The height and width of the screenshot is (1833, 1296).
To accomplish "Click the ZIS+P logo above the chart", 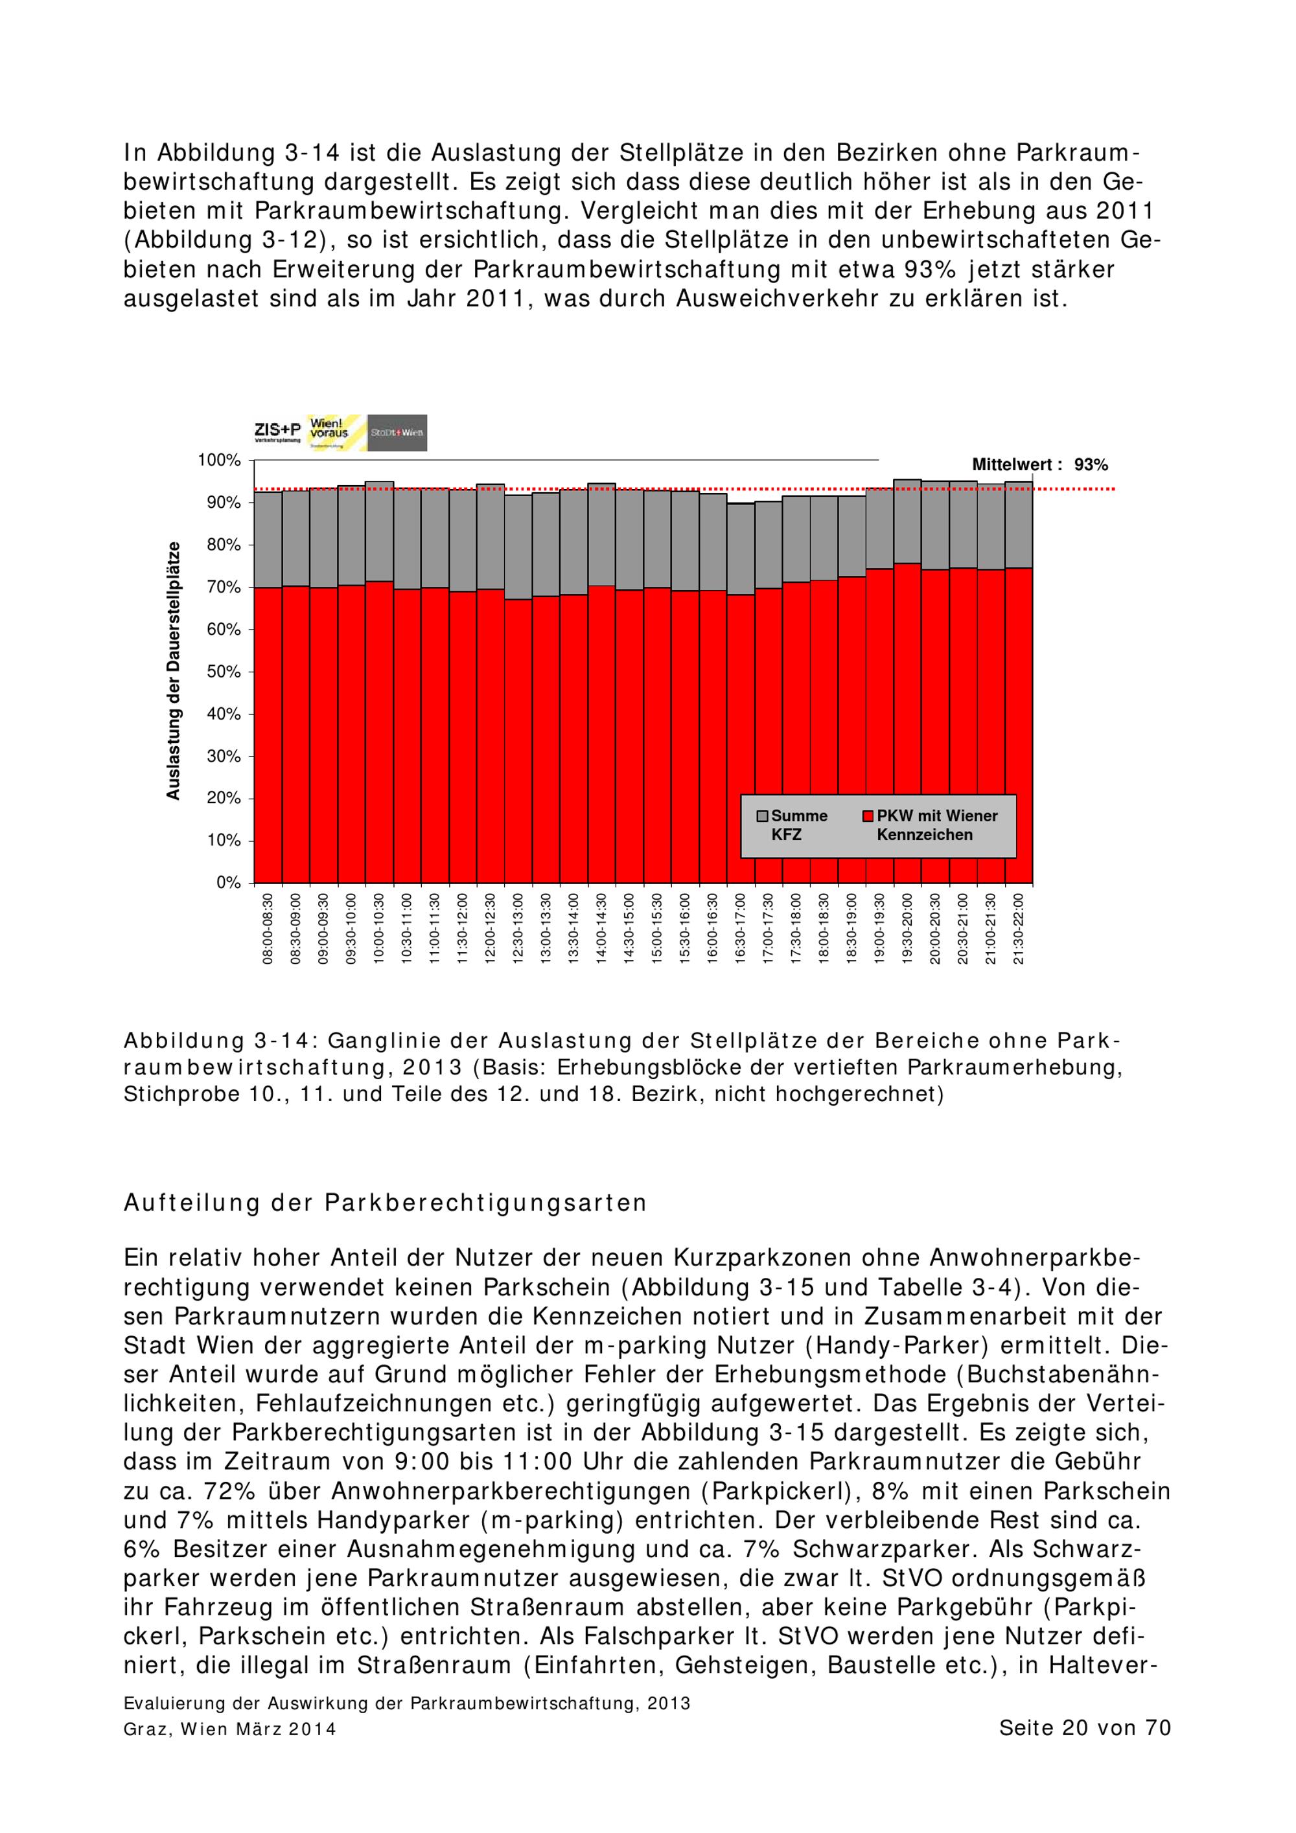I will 277,432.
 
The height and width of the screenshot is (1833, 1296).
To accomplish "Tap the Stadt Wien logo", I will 397,433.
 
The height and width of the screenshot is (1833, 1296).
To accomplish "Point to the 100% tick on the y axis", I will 220,461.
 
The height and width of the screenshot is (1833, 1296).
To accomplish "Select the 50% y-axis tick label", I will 224,672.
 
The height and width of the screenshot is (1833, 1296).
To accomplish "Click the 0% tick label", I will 228,883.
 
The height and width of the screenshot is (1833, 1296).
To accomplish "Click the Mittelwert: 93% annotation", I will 1039,464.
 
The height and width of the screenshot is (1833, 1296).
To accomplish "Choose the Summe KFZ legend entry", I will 793,825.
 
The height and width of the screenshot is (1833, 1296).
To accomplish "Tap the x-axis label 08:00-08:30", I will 268,928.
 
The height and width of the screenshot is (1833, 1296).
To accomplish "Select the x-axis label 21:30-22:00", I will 1019,928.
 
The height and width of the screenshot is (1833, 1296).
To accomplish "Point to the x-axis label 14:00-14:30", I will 601,928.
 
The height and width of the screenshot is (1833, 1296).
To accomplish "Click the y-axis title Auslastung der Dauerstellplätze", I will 173,670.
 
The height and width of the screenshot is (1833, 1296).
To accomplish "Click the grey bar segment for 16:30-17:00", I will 740,549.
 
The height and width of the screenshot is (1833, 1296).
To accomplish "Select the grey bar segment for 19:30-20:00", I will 907,521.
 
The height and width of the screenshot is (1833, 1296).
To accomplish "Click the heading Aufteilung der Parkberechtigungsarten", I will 385,1203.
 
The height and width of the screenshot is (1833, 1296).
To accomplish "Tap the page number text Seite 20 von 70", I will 1084,1727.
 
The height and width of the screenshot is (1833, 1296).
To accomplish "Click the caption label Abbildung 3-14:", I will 220,1041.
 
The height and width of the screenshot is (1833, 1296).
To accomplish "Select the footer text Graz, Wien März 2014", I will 230,1729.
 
